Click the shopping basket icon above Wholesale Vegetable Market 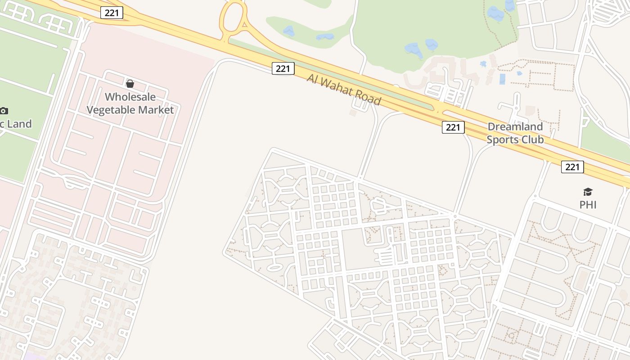(130, 84)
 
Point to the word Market (157, 110)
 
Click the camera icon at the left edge (4, 111)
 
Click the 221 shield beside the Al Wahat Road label (283, 68)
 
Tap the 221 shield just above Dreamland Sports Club (453, 127)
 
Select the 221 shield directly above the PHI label (572, 167)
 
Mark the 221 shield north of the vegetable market (111, 13)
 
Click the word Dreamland (515, 126)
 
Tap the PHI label (588, 205)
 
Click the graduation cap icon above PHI (588, 192)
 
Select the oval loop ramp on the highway (233, 18)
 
